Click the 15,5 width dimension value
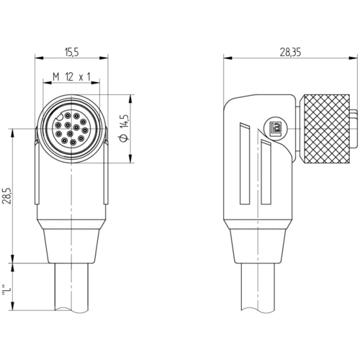click(71, 52)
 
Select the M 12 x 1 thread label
click(71, 77)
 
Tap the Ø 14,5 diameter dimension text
click(125, 128)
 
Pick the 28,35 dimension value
click(290, 52)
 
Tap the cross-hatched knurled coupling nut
click(325, 128)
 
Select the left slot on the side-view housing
click(245, 163)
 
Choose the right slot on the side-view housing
click(266, 172)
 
